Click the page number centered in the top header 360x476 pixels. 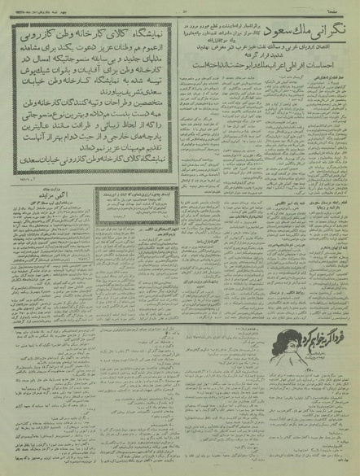point(179,7)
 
